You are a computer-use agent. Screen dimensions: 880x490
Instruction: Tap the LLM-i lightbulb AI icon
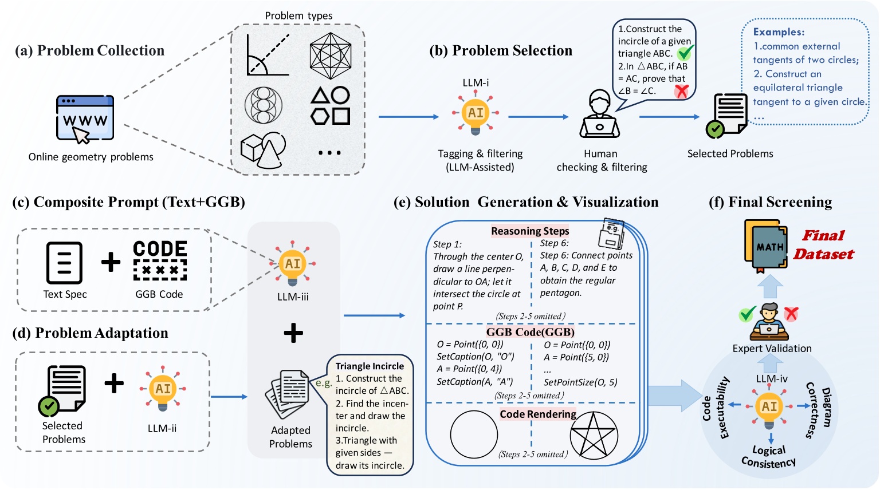coord(476,113)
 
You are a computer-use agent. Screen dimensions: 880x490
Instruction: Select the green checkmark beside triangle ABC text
coord(686,52)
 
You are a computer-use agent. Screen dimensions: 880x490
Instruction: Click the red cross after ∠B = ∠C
coord(682,92)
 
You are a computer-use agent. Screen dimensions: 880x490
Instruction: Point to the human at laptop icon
coord(599,113)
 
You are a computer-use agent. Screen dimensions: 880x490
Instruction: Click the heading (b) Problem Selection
coord(501,50)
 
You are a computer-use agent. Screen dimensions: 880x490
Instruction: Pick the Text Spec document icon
coord(64,263)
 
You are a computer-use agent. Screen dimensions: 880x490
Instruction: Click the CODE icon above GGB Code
coord(160,260)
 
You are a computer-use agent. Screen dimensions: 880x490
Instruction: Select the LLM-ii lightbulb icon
coord(163,389)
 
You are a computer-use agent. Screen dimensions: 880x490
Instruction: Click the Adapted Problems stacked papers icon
coord(288,394)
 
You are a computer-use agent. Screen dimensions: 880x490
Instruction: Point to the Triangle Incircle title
coord(370,366)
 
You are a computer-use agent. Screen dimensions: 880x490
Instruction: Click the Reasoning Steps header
coord(530,231)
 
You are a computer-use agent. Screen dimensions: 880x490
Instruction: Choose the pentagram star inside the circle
coord(594,436)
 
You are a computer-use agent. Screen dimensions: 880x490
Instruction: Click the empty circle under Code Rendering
coord(474,434)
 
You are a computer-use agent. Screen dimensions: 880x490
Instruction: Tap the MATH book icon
coord(766,246)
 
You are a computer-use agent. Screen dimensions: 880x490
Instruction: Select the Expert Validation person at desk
coord(769,322)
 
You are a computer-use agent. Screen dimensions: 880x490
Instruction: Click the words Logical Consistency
coord(769,457)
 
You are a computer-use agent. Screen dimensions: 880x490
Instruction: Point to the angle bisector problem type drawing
coord(268,54)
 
